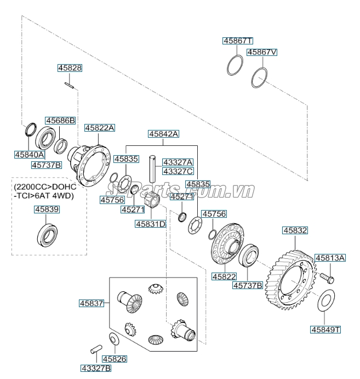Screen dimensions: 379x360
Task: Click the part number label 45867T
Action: coord(237,41)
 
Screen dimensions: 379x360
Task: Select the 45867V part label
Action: coord(261,53)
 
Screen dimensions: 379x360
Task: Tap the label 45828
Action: coord(70,68)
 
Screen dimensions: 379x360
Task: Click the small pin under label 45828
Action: coord(70,84)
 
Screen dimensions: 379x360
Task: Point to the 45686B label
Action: coord(60,120)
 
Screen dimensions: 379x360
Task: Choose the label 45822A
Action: coord(99,127)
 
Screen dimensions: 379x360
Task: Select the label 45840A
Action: coord(30,155)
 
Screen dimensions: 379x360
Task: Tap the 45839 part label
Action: coord(47,210)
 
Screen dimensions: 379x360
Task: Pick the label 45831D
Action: coord(150,224)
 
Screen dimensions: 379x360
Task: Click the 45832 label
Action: coord(295,231)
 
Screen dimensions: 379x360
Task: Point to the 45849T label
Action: coord(325,330)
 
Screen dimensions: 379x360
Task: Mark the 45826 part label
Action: coord(115,359)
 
